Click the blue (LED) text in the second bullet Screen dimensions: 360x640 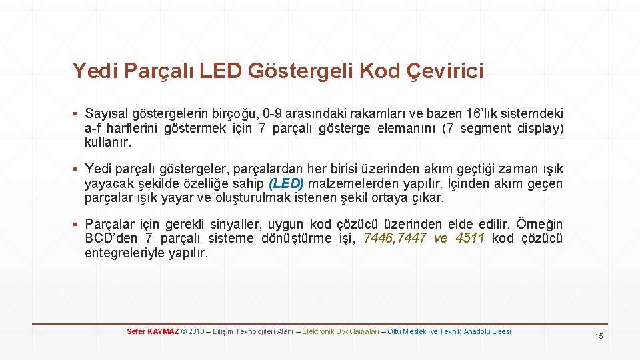(286, 184)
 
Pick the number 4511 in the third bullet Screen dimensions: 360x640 (470, 239)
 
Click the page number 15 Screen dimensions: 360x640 (599, 336)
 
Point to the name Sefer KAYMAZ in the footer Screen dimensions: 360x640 (153, 331)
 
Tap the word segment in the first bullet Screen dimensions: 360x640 (485, 128)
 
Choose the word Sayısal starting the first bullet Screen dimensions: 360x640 (108, 114)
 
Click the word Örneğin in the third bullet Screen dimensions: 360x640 (540, 224)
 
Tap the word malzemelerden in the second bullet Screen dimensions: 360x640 (353, 184)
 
